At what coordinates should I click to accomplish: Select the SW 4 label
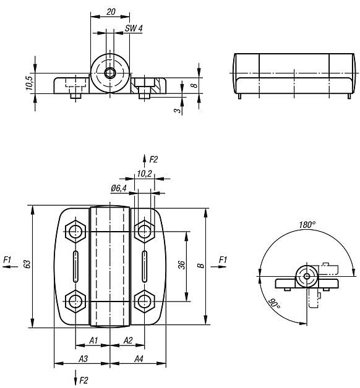click(134, 28)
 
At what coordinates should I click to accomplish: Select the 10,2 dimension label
click(145, 174)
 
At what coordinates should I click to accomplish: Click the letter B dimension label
click(200, 266)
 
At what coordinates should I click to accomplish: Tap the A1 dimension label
click(93, 340)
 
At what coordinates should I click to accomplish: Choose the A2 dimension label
click(128, 340)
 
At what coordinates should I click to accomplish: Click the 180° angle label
click(307, 225)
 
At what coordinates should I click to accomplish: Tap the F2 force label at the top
click(153, 159)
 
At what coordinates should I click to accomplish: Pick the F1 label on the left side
click(7, 260)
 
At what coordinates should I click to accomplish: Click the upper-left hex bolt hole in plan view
click(75, 232)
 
